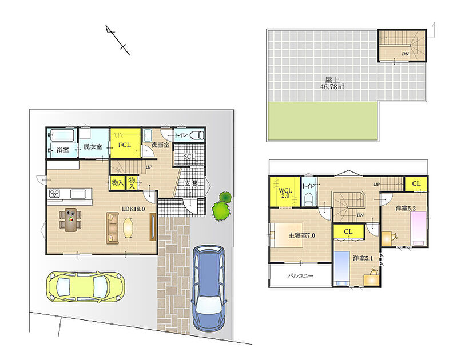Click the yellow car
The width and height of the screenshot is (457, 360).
86,287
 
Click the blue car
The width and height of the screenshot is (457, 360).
209,288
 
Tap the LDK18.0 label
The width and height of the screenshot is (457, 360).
133,209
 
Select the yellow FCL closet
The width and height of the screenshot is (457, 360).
125,143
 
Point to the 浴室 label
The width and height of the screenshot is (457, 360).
63,150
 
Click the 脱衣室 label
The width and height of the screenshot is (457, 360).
93,146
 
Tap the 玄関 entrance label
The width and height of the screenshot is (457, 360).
191,183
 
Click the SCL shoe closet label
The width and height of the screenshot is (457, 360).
189,157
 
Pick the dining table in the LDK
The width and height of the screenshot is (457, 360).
71,219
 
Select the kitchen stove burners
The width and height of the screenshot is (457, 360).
54,193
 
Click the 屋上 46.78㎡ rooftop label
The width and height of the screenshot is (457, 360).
332,83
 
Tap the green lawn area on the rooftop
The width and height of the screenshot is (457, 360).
323,121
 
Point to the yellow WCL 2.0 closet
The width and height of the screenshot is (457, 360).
285,192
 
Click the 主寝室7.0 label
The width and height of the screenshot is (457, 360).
301,235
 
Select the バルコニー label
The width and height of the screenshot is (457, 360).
300,275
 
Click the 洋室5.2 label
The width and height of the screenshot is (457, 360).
406,208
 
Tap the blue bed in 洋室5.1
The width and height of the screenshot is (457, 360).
342,268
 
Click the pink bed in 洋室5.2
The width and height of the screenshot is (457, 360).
419,229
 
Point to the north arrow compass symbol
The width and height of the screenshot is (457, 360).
118,40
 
